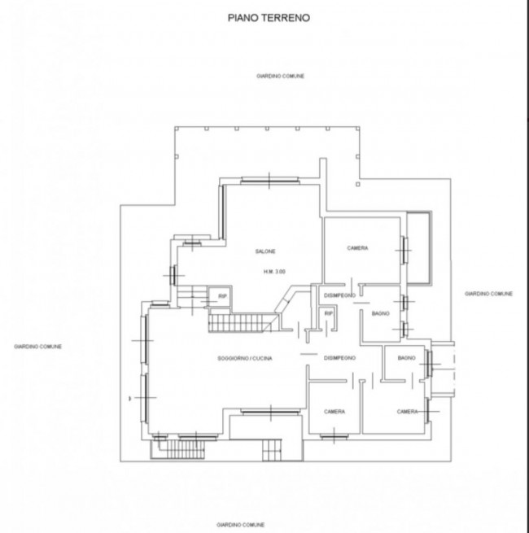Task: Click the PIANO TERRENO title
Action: pos(269,18)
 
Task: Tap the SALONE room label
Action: pos(265,251)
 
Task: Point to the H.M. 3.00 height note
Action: pos(274,272)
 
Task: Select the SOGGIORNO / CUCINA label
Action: pos(245,358)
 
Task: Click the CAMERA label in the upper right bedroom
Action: pos(357,248)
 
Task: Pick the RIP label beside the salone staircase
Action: pos(222,296)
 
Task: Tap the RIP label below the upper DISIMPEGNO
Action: pos(329,313)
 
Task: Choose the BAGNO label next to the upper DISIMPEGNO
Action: pos(380,313)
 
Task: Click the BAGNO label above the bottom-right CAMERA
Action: pos(407,358)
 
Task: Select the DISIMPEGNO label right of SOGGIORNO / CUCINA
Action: pos(339,358)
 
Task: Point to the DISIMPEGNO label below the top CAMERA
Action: pos(339,295)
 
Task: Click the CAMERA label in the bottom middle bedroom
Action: pos(334,412)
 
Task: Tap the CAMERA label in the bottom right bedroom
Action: pos(407,412)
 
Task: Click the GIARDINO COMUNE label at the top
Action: pos(280,76)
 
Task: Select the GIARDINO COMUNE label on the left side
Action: pos(37,347)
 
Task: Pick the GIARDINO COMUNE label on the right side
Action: pos(488,294)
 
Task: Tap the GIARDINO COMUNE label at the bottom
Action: pos(241,525)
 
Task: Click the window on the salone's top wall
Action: pos(269,181)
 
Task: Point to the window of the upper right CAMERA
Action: pos(404,250)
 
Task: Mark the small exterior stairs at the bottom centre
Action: pos(272,450)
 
